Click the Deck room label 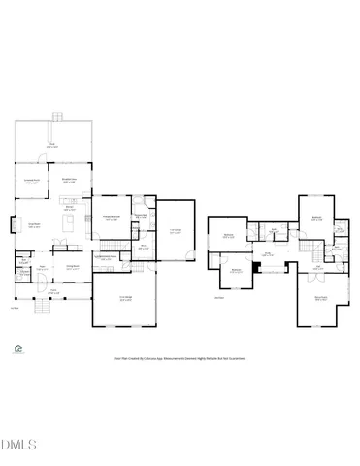pos(54,145)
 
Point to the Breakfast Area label pos(70,181)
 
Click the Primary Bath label pos(141,216)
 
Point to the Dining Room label pos(72,267)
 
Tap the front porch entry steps pos(42,307)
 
